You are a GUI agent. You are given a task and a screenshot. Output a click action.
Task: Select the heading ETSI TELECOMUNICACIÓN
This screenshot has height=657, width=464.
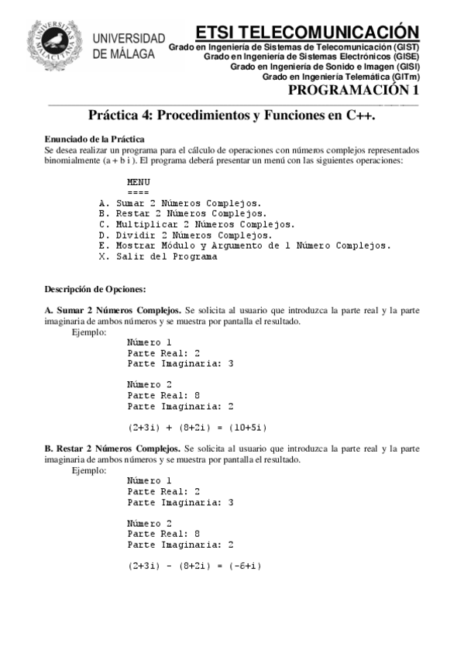pos(307,32)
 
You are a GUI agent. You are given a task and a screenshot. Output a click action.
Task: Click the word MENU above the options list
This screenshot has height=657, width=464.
pos(138,182)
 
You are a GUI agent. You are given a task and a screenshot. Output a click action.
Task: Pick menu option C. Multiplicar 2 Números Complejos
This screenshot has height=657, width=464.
pos(197,225)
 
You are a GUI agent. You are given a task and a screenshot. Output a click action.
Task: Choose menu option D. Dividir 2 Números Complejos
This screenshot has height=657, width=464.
pos(186,235)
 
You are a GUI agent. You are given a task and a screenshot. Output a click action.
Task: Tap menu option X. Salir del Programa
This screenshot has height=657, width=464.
pos(158,256)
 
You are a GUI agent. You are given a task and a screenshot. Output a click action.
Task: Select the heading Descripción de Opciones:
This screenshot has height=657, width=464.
pos(84,289)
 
